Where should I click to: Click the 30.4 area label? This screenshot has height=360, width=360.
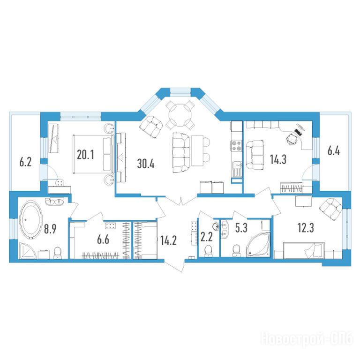pos(146,164)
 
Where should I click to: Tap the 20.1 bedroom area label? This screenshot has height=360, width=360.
pos(85,155)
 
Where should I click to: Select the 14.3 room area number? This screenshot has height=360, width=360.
pos(278,159)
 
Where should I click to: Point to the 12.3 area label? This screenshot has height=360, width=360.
pos(306,228)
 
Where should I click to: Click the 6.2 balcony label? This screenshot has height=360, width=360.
pos(25,162)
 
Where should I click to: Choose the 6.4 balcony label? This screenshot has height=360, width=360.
pos(334,151)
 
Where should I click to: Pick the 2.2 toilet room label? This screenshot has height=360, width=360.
pos(206,238)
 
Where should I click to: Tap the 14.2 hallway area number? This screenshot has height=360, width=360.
pos(169,240)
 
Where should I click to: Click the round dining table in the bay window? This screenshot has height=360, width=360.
pos(180,114)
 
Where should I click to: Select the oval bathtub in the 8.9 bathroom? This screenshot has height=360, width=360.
pos(31,220)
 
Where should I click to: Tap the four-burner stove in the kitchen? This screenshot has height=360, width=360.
pos(237,146)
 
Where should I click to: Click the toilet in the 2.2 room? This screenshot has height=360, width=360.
pos(209,250)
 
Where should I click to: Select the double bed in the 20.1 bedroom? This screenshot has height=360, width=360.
pos(93,154)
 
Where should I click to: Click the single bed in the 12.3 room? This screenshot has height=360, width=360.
pos(304,250)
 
